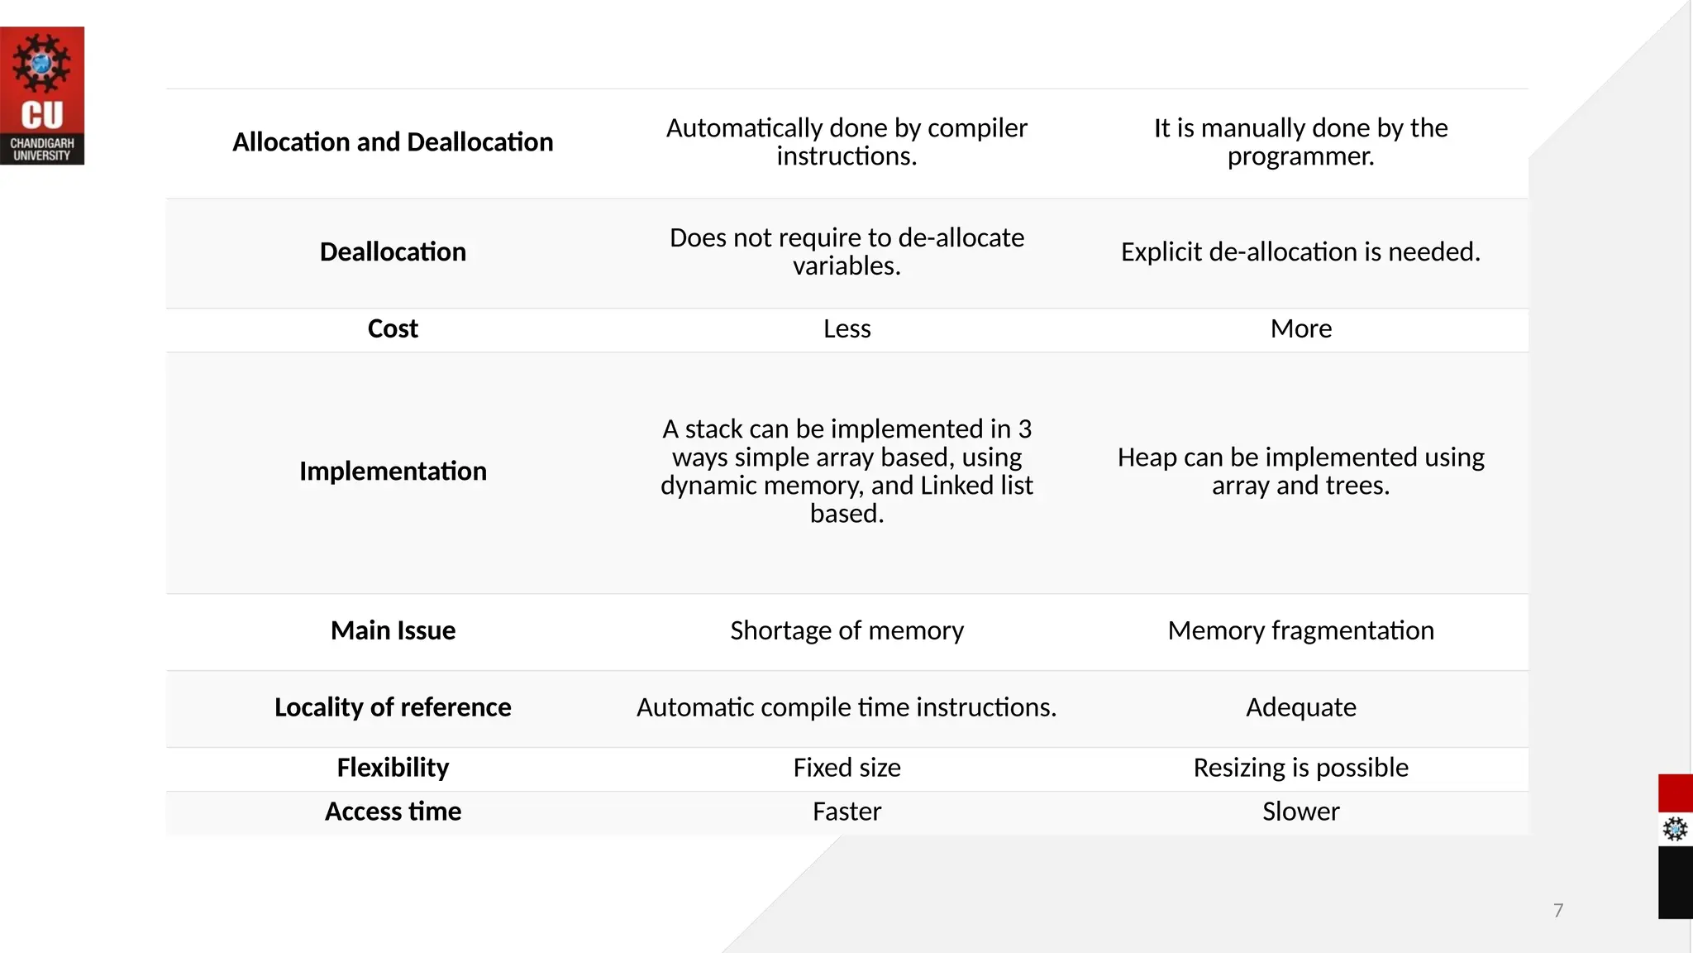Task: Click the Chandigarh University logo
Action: coord(42,96)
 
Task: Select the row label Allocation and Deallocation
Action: coord(393,142)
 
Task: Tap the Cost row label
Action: coord(393,329)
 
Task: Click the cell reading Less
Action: coord(846,329)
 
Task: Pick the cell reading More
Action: coord(1300,329)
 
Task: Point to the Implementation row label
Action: coord(393,472)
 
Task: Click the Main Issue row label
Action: coord(393,631)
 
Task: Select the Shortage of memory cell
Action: coord(846,631)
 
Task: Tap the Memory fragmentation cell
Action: coord(1300,631)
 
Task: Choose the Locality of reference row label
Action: coord(393,708)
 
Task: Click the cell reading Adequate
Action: coord(1300,708)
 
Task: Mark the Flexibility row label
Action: coord(393,768)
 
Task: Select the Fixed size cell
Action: coord(846,768)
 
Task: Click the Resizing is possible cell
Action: coord(1300,768)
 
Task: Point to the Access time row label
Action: coord(393,812)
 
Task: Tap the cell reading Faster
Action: coord(846,812)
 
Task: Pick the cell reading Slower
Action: coord(1300,812)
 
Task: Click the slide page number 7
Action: coord(1558,911)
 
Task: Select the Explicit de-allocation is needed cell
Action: coord(1300,252)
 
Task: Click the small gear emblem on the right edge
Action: coord(1675,829)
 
